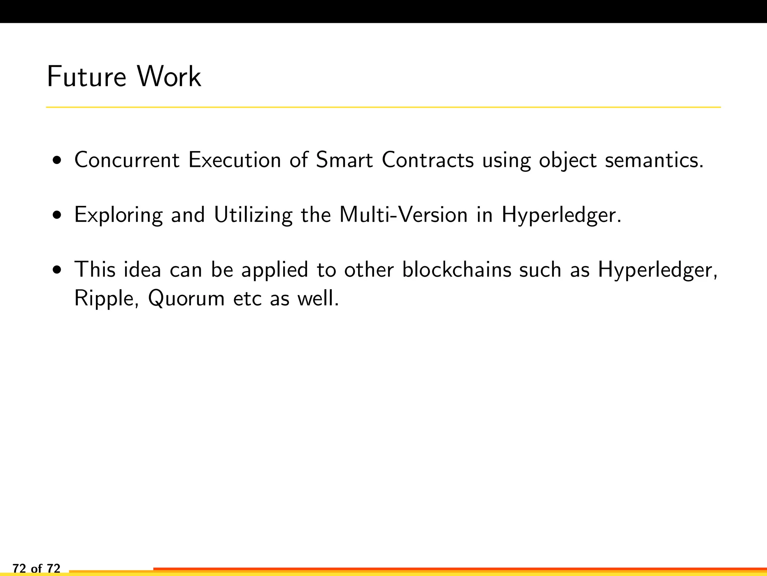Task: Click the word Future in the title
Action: point(87,77)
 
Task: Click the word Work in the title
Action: point(169,77)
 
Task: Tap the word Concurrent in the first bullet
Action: point(127,160)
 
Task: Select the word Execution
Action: point(234,160)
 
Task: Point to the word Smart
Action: point(344,160)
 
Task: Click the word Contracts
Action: point(428,160)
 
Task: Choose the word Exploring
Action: point(118,215)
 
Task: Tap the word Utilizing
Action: point(253,215)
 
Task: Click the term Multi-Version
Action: point(404,215)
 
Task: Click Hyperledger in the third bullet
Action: point(657,270)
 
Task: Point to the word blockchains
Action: point(457,270)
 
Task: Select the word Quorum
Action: point(186,299)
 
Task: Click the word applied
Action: point(275,270)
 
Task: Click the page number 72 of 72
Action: point(36,568)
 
